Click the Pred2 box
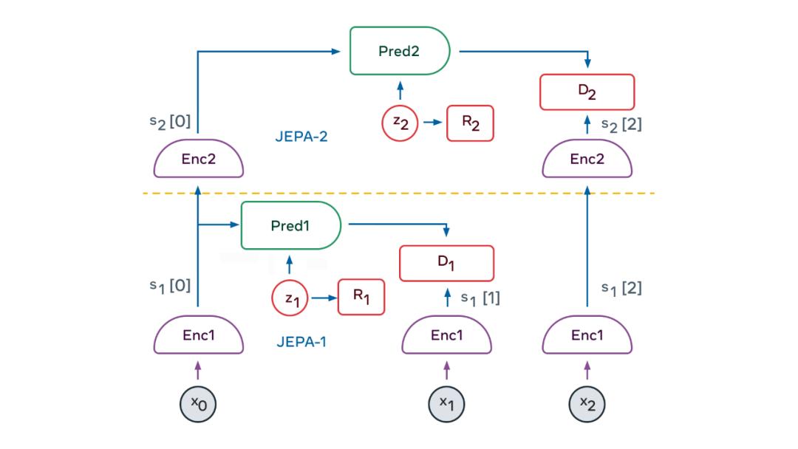click(x=399, y=52)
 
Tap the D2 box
click(x=587, y=92)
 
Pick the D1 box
click(x=446, y=264)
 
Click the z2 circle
click(x=400, y=123)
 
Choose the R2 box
click(x=470, y=123)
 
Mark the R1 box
click(x=361, y=298)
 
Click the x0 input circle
click(x=198, y=403)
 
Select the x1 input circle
click(x=446, y=403)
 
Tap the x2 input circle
click(x=587, y=403)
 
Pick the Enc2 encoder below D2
click(x=587, y=160)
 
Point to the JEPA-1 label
click(x=301, y=343)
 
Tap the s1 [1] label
click(x=480, y=298)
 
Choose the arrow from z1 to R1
click(x=322, y=298)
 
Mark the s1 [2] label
click(x=621, y=289)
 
